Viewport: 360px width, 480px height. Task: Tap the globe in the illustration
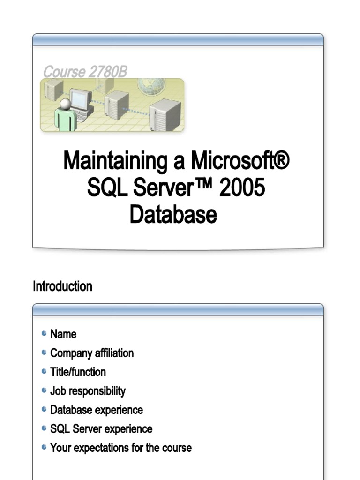[x=151, y=85]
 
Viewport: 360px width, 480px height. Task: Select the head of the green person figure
[x=66, y=104]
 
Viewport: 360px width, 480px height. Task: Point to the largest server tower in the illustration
[x=165, y=114]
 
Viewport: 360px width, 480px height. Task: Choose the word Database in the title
[x=173, y=215]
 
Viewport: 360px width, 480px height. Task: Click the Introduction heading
[x=62, y=286]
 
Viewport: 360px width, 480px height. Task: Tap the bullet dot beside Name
[x=44, y=334]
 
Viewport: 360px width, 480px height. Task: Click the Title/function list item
[x=78, y=372]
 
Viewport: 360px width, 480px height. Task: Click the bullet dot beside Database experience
[x=44, y=409]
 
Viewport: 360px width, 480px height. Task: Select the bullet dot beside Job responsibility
[x=44, y=390]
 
